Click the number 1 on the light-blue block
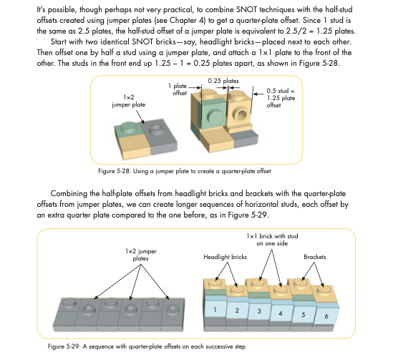(x=215, y=310)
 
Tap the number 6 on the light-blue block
(x=326, y=316)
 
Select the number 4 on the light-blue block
(x=281, y=313)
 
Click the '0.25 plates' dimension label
(x=223, y=81)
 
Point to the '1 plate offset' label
(x=178, y=89)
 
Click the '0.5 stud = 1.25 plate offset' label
(x=281, y=98)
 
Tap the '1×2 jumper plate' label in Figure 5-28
(x=129, y=101)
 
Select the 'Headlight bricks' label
(x=225, y=257)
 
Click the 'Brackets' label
(x=315, y=257)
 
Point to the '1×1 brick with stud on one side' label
(x=272, y=240)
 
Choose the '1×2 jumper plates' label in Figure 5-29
(x=141, y=255)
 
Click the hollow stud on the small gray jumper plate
(x=156, y=129)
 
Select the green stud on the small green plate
(x=128, y=127)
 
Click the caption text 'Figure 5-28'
(x=114, y=171)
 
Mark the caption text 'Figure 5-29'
(x=64, y=346)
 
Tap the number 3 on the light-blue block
(x=259, y=311)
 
